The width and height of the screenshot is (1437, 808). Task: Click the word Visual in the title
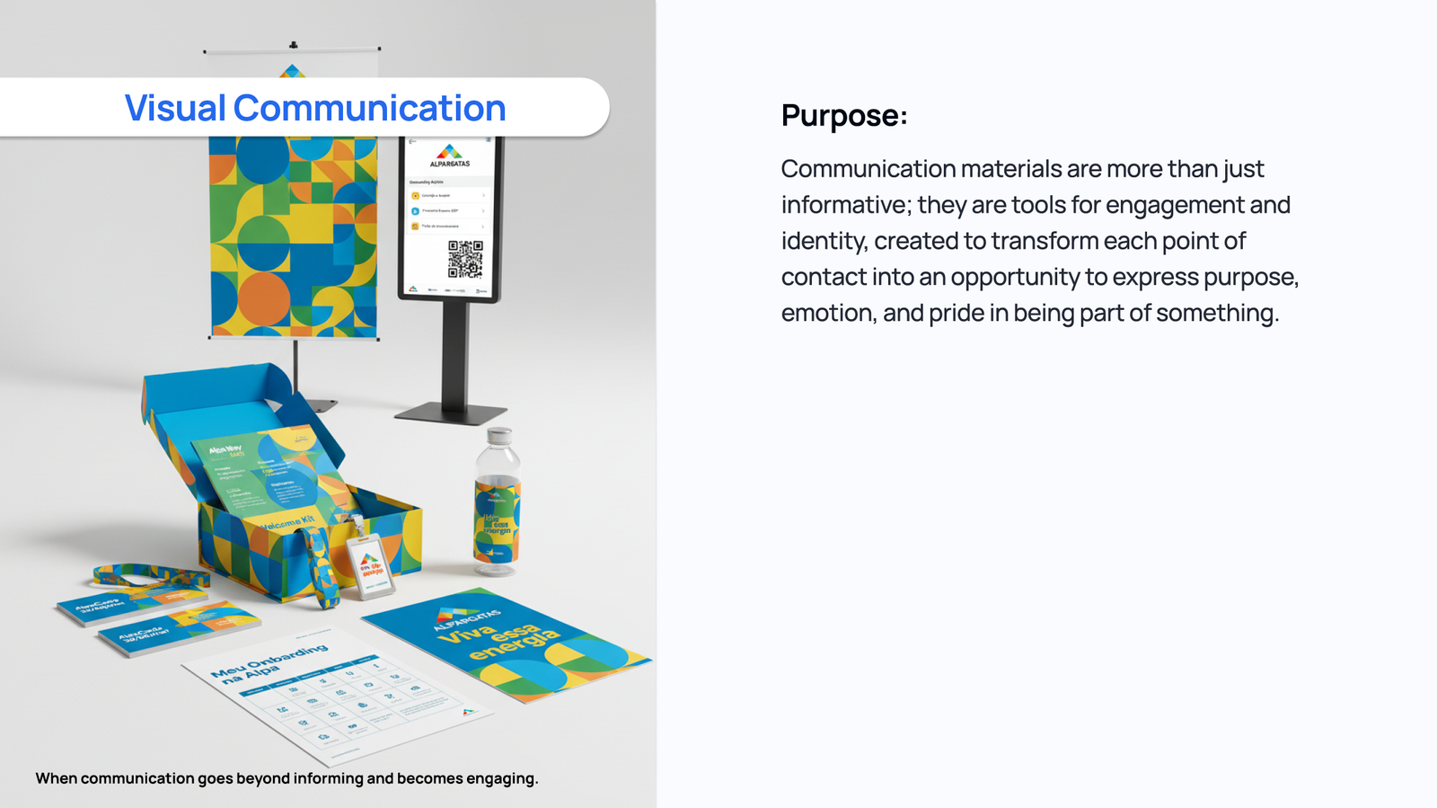tap(174, 108)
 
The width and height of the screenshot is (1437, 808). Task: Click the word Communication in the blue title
tap(369, 108)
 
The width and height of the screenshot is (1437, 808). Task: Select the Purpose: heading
tap(843, 115)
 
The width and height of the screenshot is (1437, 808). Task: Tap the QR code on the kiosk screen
tap(465, 258)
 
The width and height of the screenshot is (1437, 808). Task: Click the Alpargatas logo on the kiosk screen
tap(449, 155)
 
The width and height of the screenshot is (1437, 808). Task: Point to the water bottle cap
tap(498, 437)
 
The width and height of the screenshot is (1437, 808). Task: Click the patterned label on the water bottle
tap(497, 520)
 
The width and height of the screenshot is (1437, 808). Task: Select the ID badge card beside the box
tap(371, 567)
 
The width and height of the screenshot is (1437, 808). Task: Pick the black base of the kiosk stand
tap(451, 413)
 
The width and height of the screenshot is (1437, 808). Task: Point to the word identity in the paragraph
tap(822, 241)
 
